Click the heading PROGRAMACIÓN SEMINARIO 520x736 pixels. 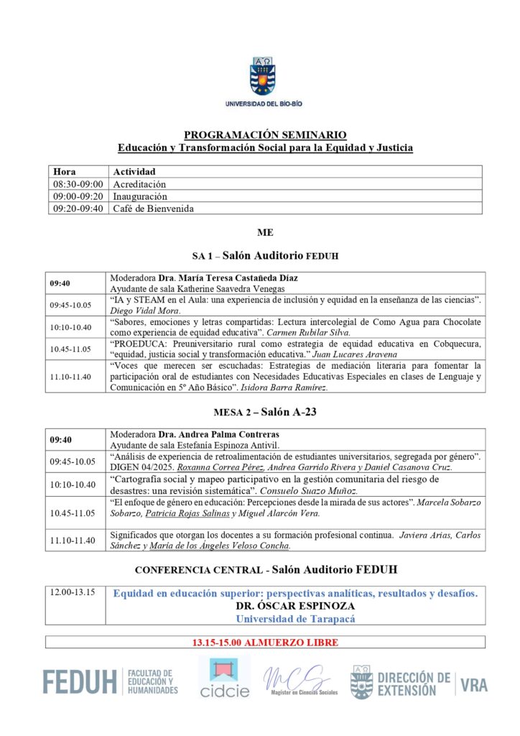click(x=264, y=135)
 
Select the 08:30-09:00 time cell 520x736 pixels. click(x=78, y=184)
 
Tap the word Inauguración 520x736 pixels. click(x=140, y=196)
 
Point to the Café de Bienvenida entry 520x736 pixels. click(x=153, y=208)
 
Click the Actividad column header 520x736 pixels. click(x=134, y=172)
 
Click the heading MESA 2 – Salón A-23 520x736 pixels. click(x=265, y=413)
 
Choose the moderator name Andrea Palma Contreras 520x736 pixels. click(x=225, y=435)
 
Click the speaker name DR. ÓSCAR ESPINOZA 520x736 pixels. click(x=295, y=606)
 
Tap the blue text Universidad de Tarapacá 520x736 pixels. click(x=295, y=619)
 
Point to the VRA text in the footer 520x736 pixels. click(x=474, y=684)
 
